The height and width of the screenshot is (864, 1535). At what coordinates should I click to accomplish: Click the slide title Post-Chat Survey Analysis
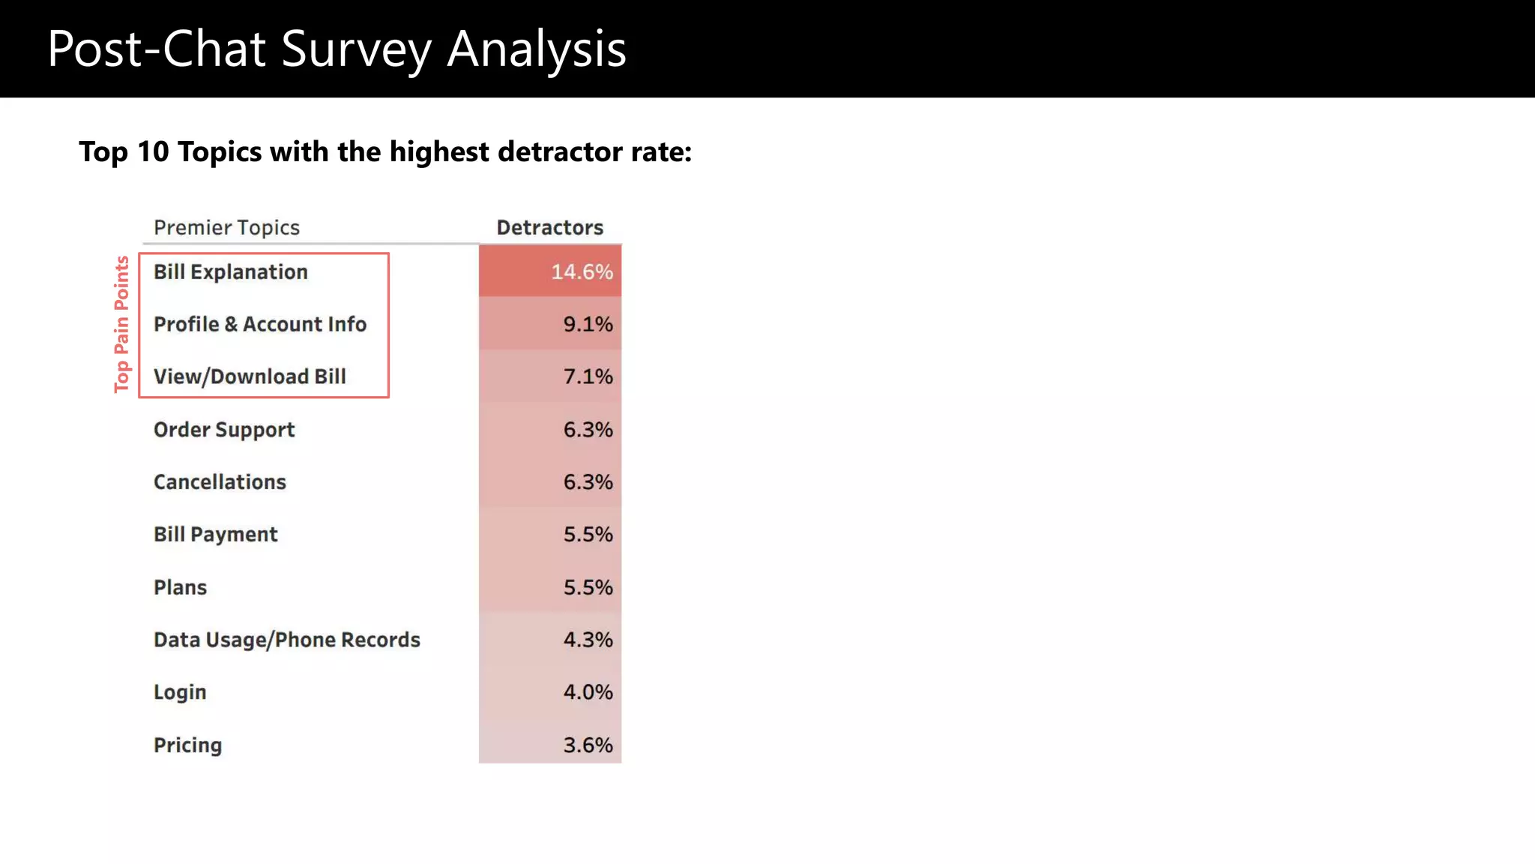point(337,49)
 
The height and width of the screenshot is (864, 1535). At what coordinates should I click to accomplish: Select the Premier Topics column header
point(226,227)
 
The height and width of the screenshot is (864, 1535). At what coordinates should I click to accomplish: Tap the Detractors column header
point(549,227)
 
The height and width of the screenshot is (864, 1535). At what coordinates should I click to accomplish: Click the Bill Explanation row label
point(231,271)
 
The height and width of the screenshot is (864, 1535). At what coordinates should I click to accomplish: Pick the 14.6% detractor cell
point(582,271)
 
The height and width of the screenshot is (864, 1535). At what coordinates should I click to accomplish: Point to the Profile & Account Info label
point(260,324)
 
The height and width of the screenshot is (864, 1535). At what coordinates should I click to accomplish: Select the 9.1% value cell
point(588,324)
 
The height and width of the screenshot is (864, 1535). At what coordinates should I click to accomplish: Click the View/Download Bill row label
point(250,376)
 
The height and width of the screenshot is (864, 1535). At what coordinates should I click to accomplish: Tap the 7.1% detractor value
point(588,376)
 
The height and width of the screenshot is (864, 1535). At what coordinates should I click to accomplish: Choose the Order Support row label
point(224,430)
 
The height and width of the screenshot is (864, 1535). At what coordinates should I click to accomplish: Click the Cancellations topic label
point(220,481)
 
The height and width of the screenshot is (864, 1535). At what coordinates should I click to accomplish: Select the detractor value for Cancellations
point(588,481)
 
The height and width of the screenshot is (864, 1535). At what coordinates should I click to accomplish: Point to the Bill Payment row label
point(215,534)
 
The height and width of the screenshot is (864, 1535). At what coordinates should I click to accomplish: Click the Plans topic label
point(180,587)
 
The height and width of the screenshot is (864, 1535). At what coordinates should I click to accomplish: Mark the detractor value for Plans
point(588,587)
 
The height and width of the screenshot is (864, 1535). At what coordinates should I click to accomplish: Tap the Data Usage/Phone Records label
point(286,640)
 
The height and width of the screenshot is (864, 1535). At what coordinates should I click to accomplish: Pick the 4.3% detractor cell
point(588,640)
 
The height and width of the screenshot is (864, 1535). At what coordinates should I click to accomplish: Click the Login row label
point(180,692)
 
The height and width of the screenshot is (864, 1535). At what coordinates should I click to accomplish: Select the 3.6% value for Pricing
point(588,745)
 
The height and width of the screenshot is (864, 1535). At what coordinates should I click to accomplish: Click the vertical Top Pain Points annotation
point(121,324)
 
